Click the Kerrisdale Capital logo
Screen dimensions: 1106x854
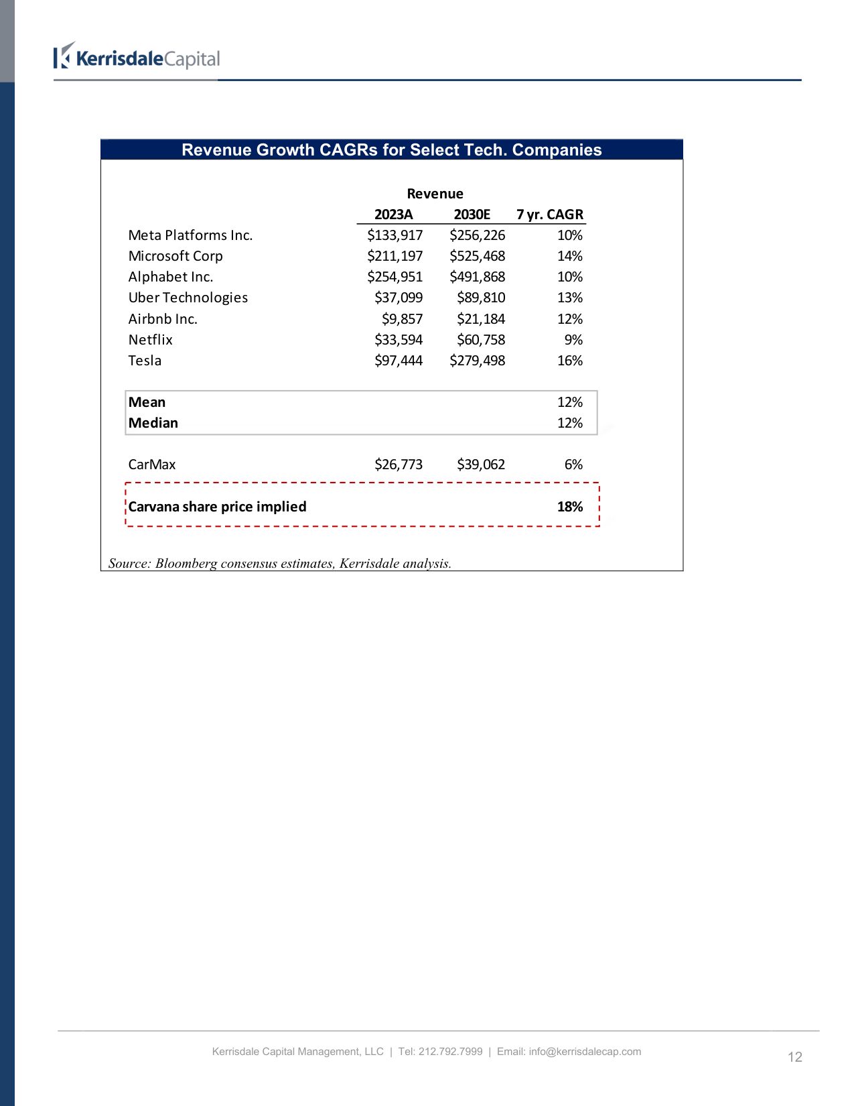click(137, 58)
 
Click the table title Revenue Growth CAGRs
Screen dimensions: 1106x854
click(391, 149)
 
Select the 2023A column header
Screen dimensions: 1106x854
click(393, 214)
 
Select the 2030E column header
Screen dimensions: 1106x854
click(472, 214)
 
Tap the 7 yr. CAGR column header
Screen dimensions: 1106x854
click(549, 214)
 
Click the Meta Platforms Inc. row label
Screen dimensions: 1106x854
click(190, 235)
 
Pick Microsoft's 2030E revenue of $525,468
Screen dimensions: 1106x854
click(477, 256)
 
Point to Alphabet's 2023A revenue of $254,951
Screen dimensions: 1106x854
click(395, 277)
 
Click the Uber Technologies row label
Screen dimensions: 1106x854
click(188, 298)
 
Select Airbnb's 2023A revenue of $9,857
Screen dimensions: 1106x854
click(402, 319)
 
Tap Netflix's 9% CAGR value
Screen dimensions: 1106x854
click(573, 340)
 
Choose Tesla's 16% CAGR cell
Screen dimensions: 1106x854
click(569, 361)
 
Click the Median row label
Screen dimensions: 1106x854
click(153, 423)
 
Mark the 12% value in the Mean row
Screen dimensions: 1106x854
click(569, 402)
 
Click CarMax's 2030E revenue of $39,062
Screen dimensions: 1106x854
click(480, 465)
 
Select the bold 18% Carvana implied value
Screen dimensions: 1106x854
click(569, 507)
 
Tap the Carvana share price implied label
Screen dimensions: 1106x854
click(217, 507)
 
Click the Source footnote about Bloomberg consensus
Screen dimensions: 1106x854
click(279, 563)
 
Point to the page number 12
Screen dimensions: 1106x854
click(794, 1057)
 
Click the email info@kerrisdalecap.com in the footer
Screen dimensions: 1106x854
click(584, 1052)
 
